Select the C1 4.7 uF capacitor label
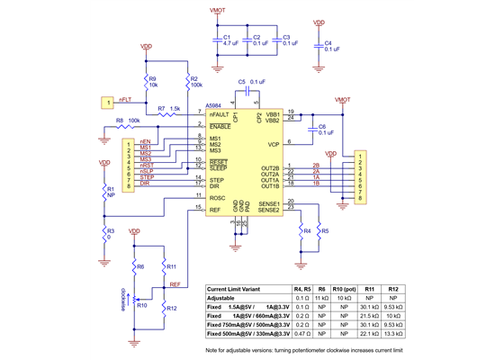click(229, 40)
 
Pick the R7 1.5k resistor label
click(169, 109)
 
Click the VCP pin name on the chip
click(272, 143)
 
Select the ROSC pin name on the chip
click(218, 198)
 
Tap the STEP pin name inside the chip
click(217, 178)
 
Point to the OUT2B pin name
click(270, 167)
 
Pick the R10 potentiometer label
click(142, 305)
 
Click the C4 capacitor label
click(329, 45)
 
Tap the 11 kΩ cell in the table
click(323, 297)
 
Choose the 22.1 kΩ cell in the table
click(370, 334)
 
